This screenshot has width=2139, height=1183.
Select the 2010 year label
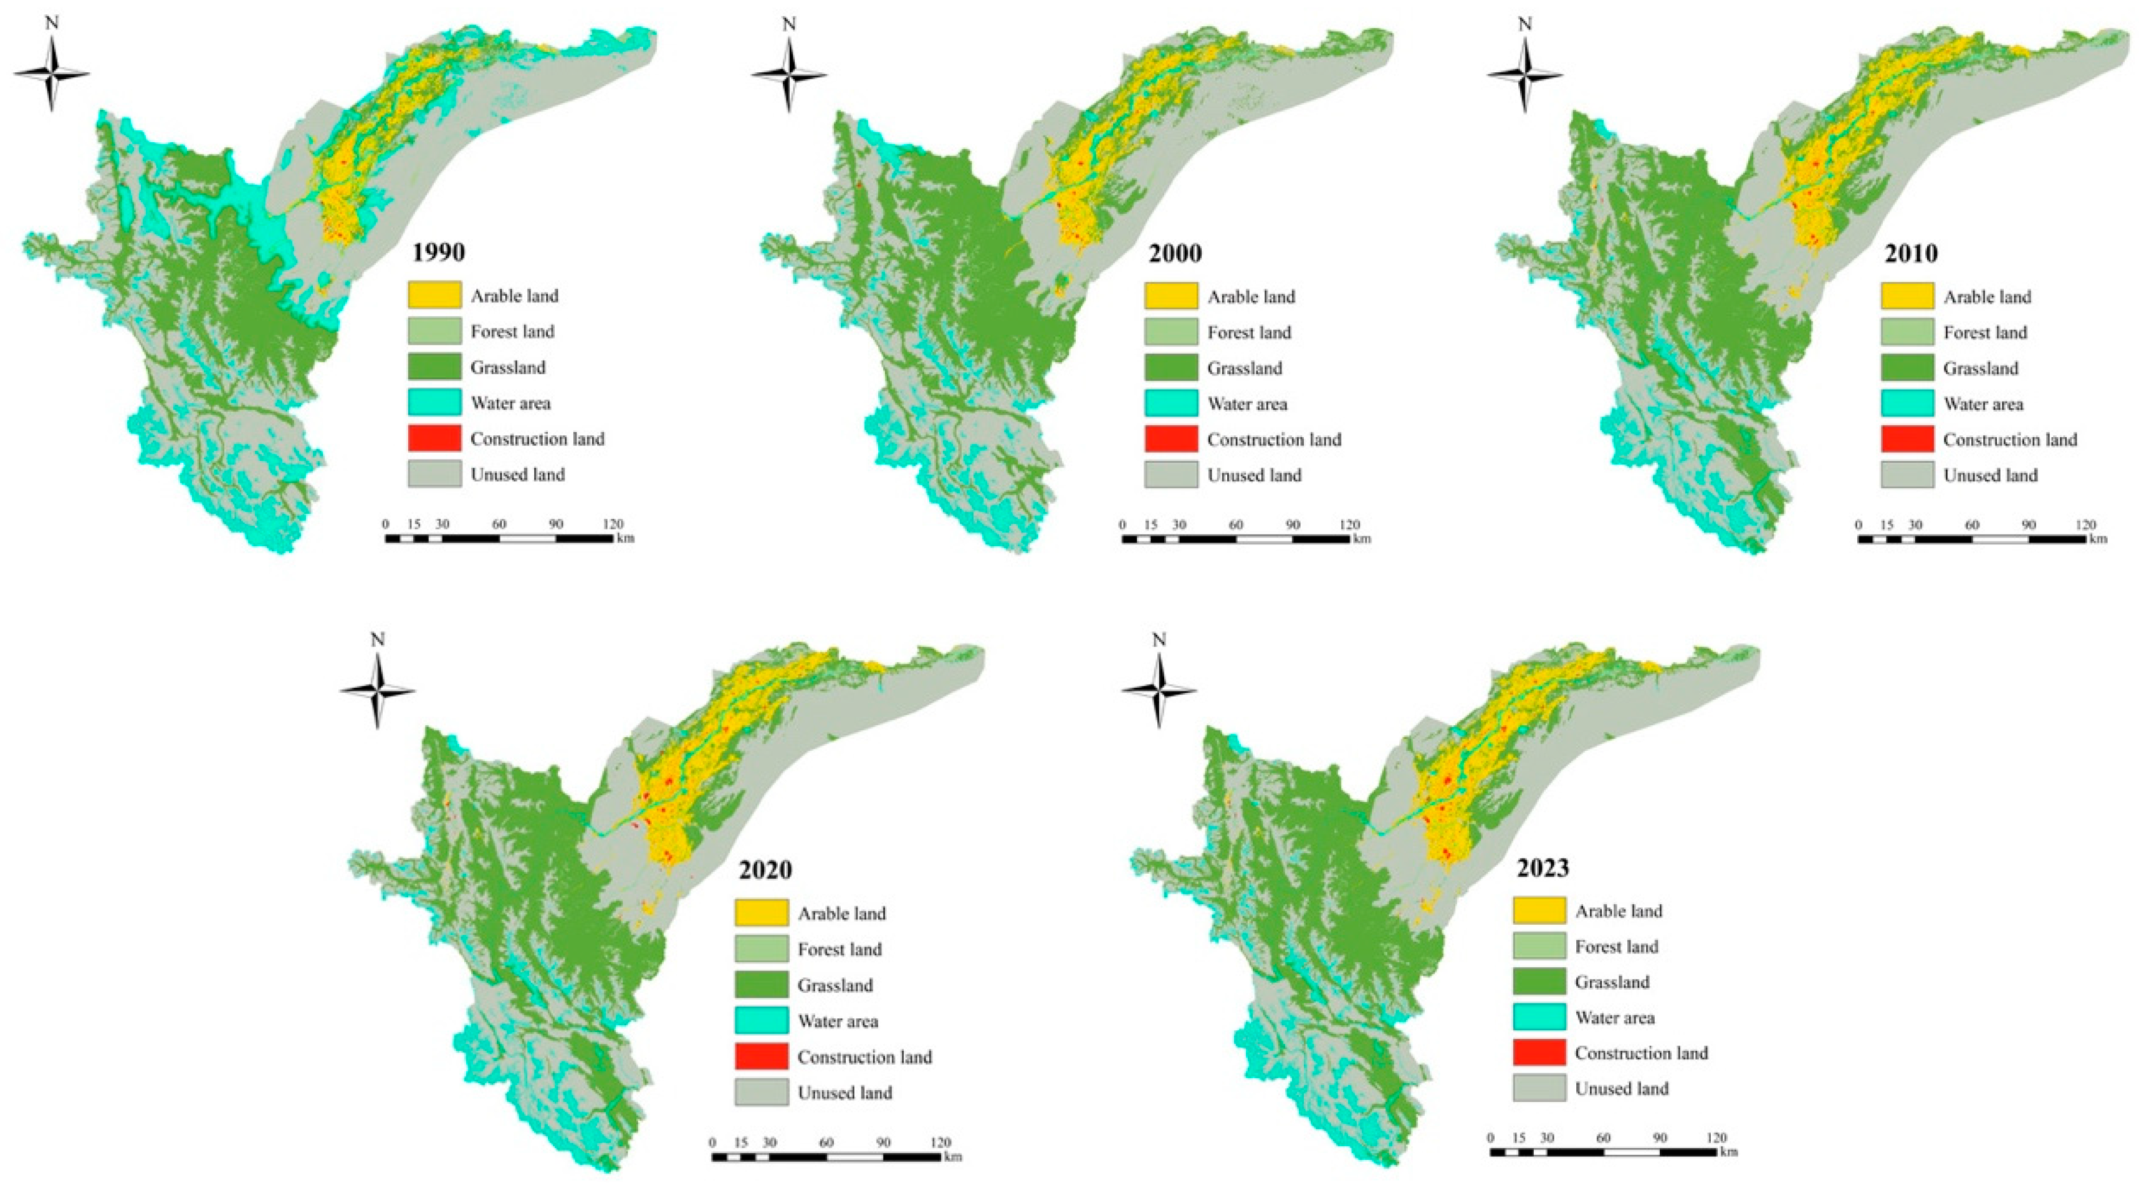coord(1911,253)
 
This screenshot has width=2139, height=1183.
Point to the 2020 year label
coord(765,870)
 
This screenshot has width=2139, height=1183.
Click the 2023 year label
coord(1543,867)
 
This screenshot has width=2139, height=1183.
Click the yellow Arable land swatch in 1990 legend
coord(434,295)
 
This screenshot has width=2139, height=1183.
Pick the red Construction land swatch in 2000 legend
coord(1171,438)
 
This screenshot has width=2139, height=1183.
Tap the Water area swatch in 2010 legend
coord(1907,403)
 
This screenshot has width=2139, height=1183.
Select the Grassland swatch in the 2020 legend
coord(760,985)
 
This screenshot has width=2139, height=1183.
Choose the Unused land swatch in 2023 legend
coord(1539,1088)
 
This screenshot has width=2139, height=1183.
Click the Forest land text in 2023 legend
coord(1616,946)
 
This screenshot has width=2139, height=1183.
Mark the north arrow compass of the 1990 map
coord(52,75)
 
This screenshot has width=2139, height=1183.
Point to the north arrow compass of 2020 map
coord(378,691)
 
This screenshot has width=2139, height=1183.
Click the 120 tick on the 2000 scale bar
coord(1349,525)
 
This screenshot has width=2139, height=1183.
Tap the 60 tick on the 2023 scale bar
coord(1604,1137)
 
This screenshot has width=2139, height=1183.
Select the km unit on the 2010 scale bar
coord(2098,538)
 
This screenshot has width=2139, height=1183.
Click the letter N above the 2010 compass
coord(1524,24)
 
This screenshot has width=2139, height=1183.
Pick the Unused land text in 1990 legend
coord(517,475)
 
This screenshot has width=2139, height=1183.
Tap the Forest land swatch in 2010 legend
coord(1907,332)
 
